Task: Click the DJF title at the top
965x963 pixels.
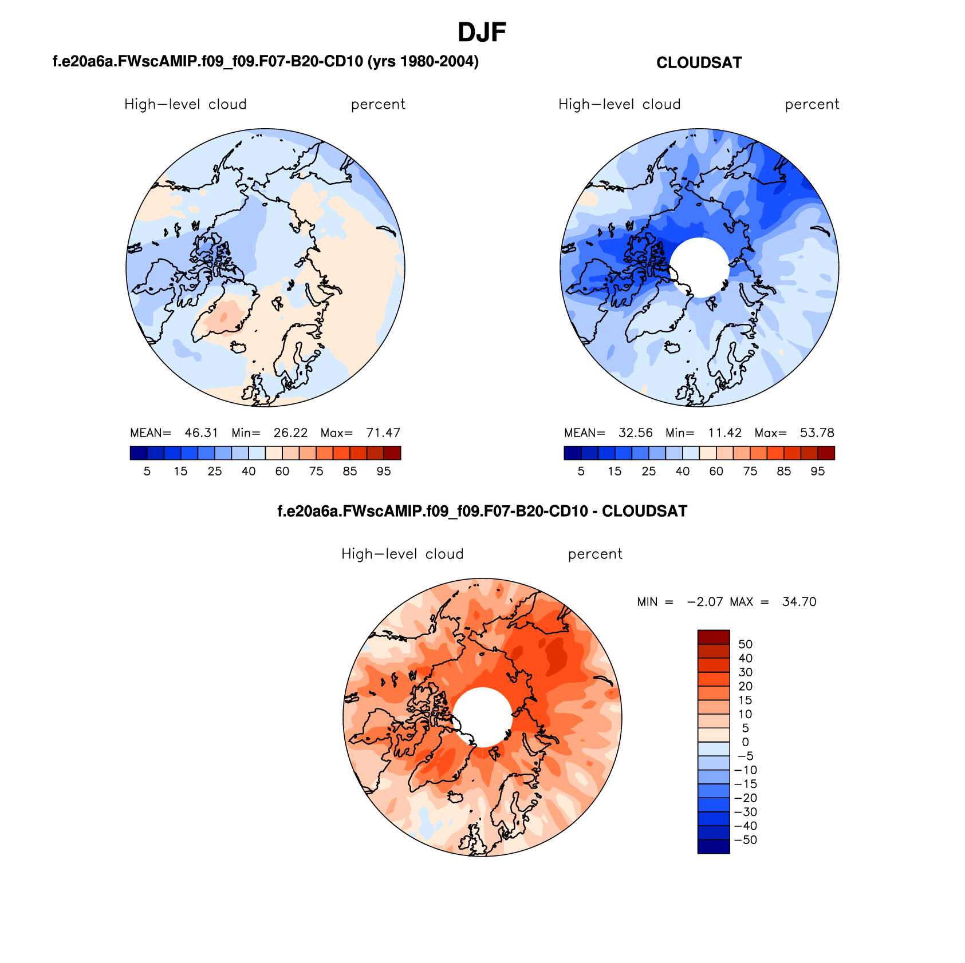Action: [x=482, y=33]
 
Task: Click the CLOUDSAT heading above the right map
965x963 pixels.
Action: [x=699, y=63]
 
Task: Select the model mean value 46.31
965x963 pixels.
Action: [x=201, y=433]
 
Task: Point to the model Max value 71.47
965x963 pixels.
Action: [x=383, y=433]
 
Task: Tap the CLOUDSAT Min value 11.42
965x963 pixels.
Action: [x=724, y=433]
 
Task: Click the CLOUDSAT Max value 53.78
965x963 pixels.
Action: [x=817, y=433]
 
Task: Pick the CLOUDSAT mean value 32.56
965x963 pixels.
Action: [x=635, y=433]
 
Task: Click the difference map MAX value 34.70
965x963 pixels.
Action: [x=799, y=602]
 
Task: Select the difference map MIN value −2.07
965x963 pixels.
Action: [x=705, y=602]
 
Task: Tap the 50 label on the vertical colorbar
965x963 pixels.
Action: [x=745, y=644]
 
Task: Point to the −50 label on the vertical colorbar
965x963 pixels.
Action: [x=746, y=840]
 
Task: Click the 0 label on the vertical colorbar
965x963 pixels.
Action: [x=745, y=742]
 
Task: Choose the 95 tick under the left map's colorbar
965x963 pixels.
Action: [x=384, y=471]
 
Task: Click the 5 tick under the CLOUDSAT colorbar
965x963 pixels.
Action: [x=581, y=471]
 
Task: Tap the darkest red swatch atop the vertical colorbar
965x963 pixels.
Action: [x=713, y=637]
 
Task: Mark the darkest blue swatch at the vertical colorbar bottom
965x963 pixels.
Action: [x=713, y=846]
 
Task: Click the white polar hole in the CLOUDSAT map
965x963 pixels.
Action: [x=699, y=267]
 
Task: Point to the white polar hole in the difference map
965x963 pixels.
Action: [x=482, y=717]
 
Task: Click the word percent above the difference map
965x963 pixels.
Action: [x=594, y=554]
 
